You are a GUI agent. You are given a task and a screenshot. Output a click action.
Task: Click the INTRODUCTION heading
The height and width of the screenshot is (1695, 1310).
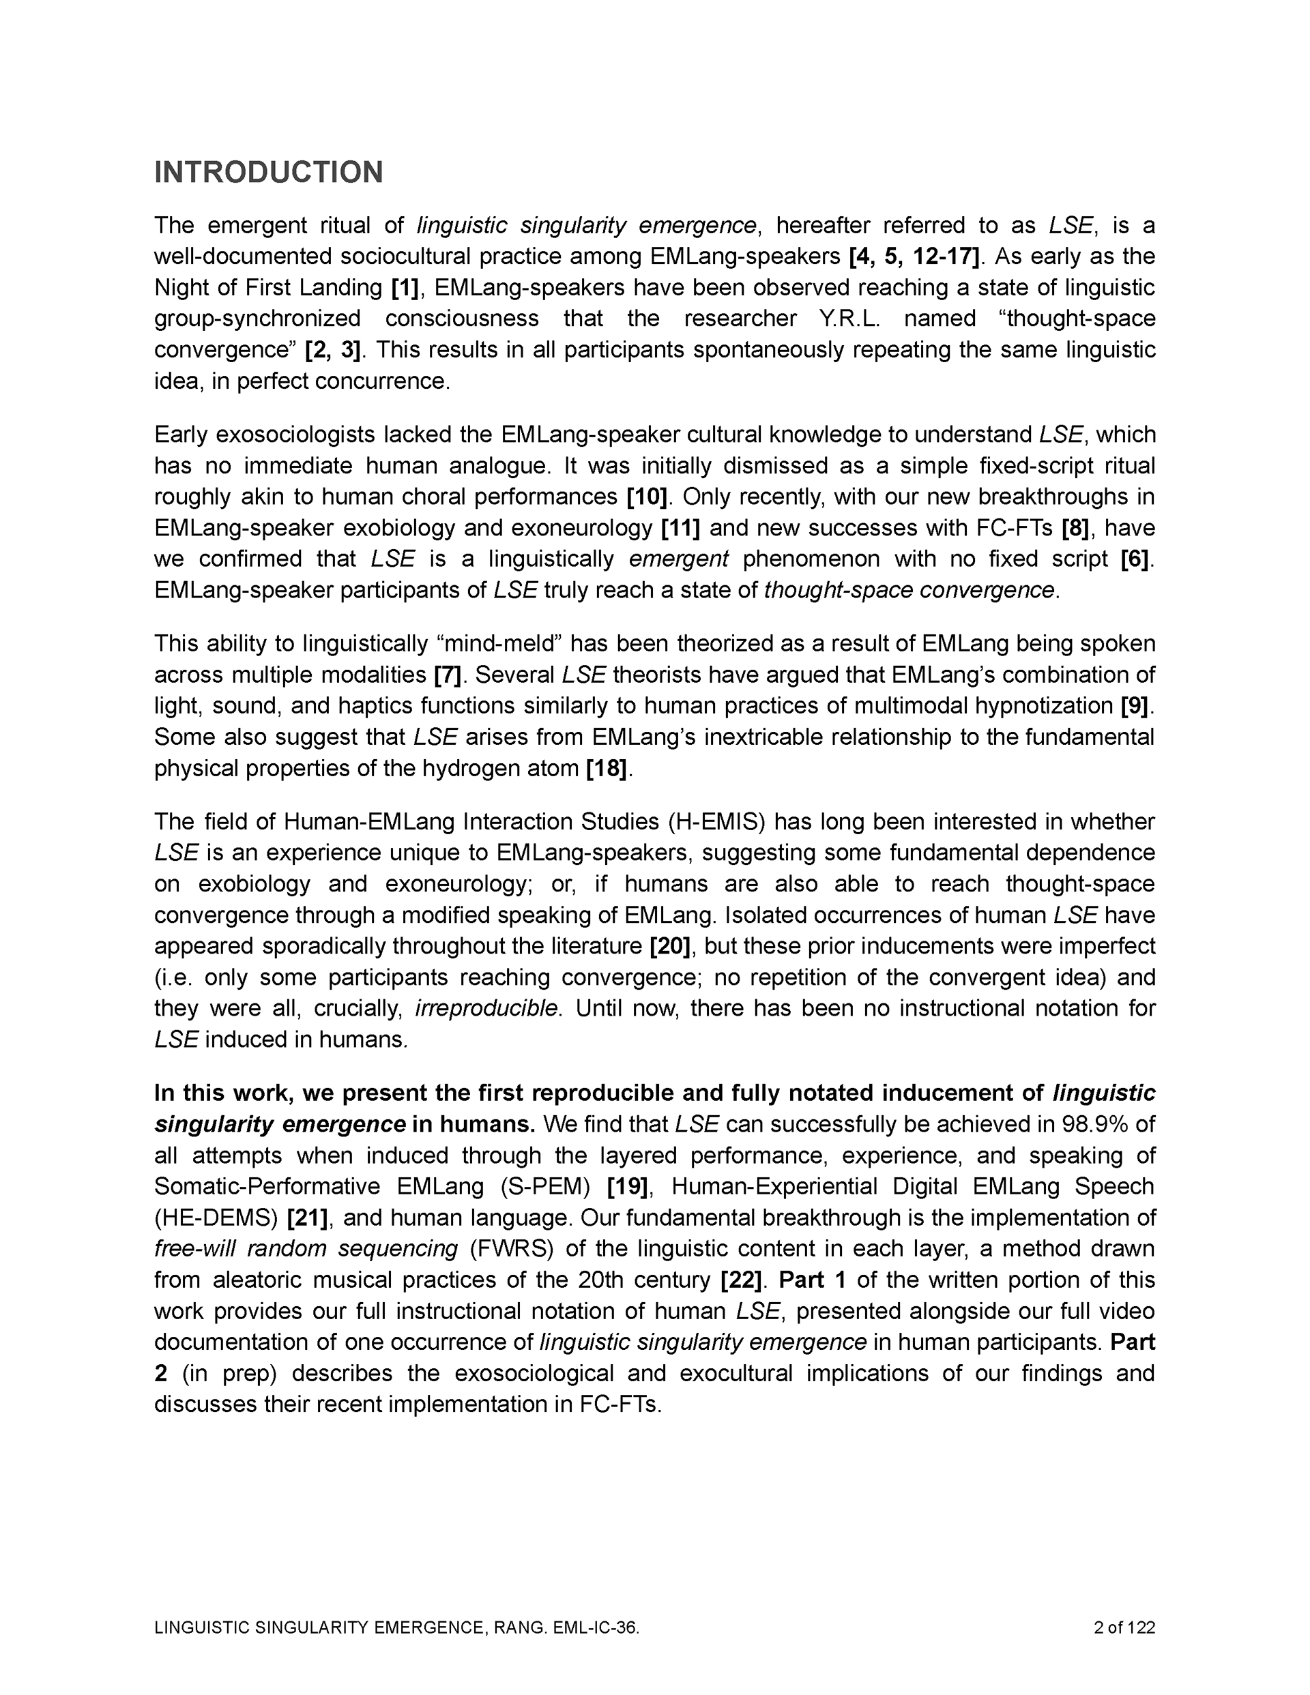269,173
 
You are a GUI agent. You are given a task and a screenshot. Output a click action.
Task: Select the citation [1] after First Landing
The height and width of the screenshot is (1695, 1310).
405,288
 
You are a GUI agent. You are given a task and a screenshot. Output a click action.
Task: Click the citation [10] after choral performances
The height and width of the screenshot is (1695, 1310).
647,497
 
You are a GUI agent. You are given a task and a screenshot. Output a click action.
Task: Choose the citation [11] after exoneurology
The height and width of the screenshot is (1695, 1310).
680,529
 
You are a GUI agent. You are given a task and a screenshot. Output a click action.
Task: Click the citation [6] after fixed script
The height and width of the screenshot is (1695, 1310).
1135,559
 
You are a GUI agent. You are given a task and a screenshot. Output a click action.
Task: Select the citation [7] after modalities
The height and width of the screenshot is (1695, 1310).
448,675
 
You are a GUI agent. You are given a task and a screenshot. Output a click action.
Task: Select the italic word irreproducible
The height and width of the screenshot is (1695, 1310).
487,1008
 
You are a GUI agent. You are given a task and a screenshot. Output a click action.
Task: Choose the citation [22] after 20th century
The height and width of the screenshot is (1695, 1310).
742,1280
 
